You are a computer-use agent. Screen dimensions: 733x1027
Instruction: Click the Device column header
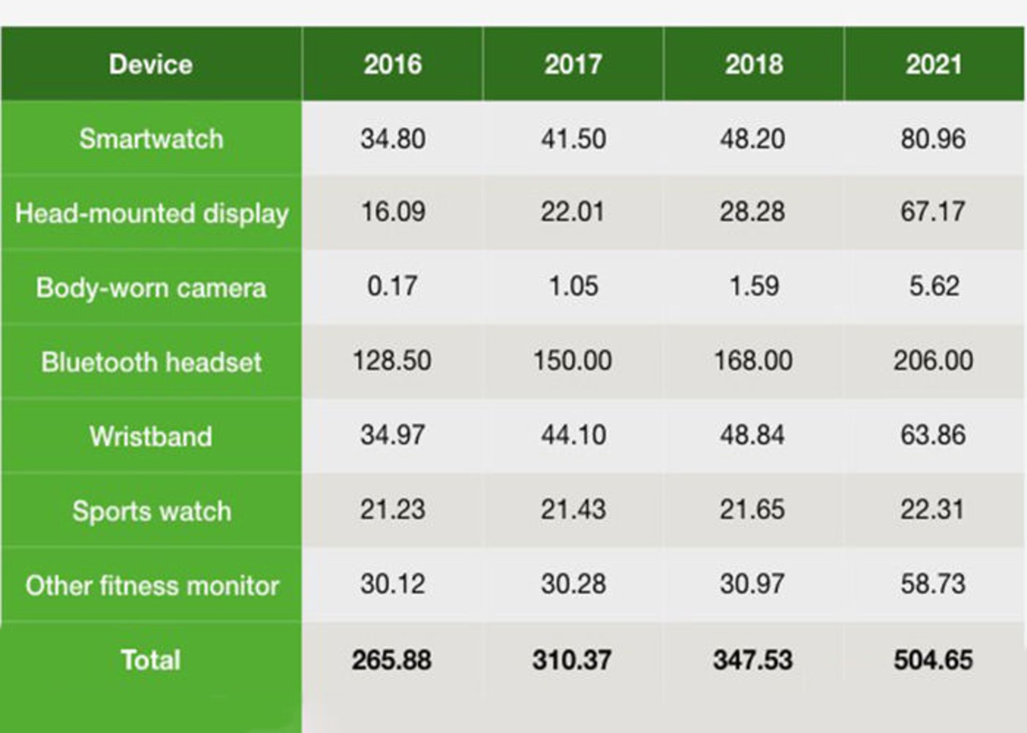(151, 65)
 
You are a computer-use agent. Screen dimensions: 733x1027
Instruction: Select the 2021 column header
(934, 65)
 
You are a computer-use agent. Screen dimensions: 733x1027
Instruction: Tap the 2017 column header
(573, 65)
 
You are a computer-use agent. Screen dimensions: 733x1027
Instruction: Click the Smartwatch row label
(151, 139)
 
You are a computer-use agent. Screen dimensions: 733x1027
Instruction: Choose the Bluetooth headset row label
(151, 362)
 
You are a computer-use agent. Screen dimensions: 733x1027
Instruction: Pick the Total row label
(151, 660)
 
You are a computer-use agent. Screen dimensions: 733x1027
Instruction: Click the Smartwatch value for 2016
(393, 139)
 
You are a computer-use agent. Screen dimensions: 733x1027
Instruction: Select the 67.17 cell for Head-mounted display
(933, 212)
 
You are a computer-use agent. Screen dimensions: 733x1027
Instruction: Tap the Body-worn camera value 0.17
(392, 286)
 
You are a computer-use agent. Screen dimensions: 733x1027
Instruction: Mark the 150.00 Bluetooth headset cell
(572, 360)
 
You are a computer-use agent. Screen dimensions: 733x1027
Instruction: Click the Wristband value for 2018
(752, 435)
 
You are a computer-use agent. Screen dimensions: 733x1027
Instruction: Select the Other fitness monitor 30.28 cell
(573, 583)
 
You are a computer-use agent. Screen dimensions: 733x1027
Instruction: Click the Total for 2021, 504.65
(933, 660)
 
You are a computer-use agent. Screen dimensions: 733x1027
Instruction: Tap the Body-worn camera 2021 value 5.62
(934, 286)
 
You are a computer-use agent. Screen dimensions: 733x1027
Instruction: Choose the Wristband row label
(151, 436)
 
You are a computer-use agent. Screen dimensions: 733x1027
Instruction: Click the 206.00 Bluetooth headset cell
(933, 360)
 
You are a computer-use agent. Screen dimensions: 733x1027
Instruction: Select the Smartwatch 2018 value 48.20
(752, 139)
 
